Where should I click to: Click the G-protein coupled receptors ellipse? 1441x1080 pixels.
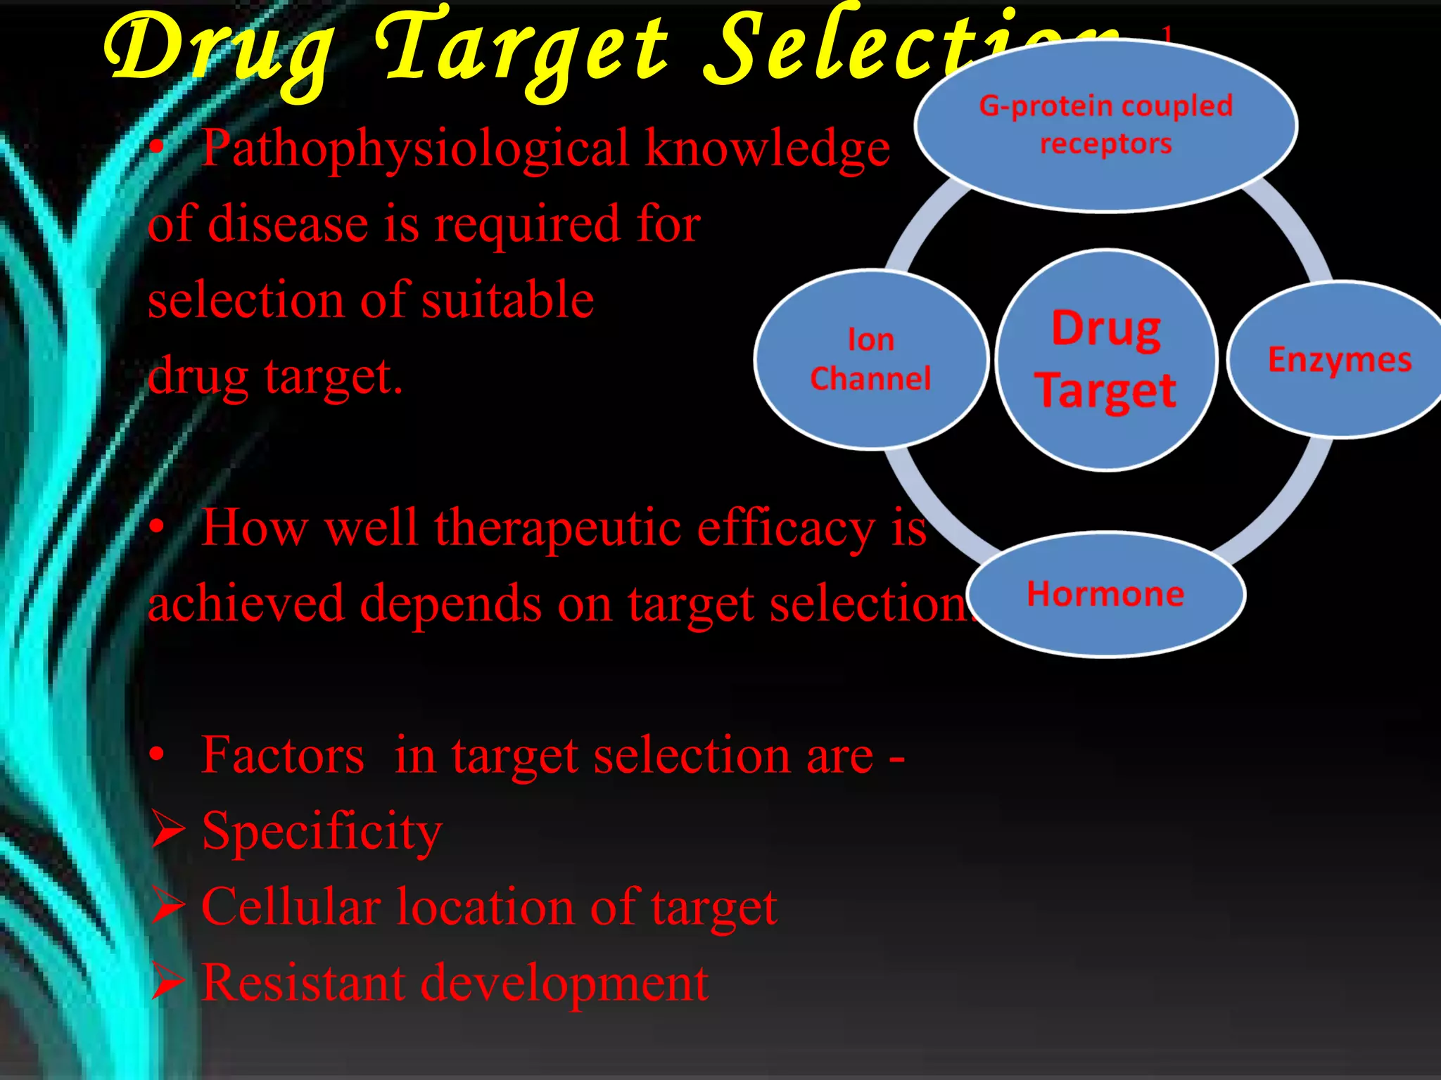point(1105,125)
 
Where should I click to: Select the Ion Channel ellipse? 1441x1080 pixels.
point(871,359)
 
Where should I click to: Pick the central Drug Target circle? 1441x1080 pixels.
point(1106,359)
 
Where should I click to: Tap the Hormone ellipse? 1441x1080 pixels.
point(1105,595)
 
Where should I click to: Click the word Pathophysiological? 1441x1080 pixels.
point(415,150)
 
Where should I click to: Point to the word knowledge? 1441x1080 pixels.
point(768,150)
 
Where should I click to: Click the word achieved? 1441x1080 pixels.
point(246,603)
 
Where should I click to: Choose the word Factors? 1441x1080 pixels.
point(283,755)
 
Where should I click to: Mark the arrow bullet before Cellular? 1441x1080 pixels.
point(167,907)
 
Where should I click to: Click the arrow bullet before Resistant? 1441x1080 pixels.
point(167,982)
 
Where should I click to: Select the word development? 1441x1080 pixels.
point(564,984)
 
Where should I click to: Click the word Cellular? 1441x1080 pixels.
point(291,907)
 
